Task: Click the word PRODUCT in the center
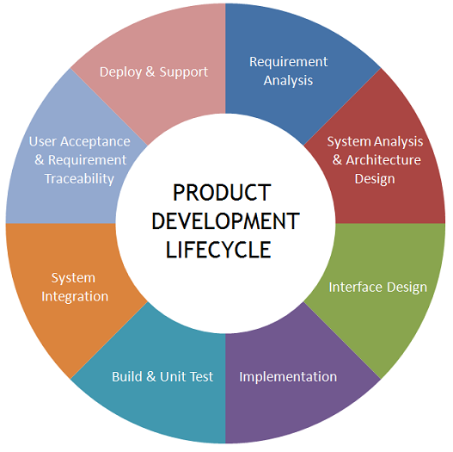tap(222, 193)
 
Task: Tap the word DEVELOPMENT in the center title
tap(225, 221)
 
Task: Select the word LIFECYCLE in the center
tap(218, 250)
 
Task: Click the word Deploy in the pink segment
tap(120, 72)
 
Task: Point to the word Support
tap(184, 72)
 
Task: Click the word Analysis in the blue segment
tap(288, 81)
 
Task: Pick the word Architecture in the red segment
tap(383, 160)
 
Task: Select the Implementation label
tap(288, 377)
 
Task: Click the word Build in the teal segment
tap(127, 377)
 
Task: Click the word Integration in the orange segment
tap(75, 297)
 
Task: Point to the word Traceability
tap(79, 179)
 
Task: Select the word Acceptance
tap(95, 142)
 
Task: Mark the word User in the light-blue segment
tap(43, 142)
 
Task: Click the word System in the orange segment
tap(73, 278)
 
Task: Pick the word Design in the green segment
tap(407, 288)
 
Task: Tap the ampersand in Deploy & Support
tap(150, 72)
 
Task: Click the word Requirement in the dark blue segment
tap(288, 62)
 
